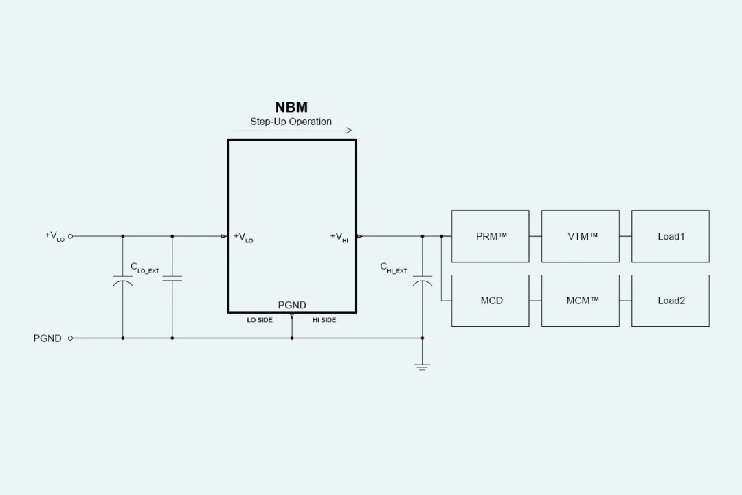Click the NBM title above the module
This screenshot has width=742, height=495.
(x=291, y=107)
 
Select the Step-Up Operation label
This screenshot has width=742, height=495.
(x=291, y=122)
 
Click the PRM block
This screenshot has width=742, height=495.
(x=490, y=236)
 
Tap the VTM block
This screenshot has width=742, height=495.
(x=580, y=236)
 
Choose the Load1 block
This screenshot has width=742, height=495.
(x=670, y=236)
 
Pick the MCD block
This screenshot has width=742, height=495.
(x=490, y=301)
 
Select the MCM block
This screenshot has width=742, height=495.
(x=580, y=301)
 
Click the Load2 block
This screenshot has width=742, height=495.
(x=670, y=301)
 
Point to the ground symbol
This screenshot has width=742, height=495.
(x=423, y=367)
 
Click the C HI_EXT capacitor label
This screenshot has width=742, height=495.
(x=394, y=268)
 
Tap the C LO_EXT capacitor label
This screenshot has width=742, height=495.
(x=144, y=268)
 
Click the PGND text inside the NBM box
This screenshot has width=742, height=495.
(x=292, y=305)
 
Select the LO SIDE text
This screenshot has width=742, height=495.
(x=260, y=320)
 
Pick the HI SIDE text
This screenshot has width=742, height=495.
(x=324, y=320)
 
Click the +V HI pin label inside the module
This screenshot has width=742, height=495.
(x=339, y=237)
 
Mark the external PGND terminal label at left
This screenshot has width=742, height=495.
(x=47, y=338)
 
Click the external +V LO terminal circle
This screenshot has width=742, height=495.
(x=70, y=236)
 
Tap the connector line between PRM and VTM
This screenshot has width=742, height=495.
(x=535, y=236)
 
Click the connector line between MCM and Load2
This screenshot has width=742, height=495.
(x=625, y=301)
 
